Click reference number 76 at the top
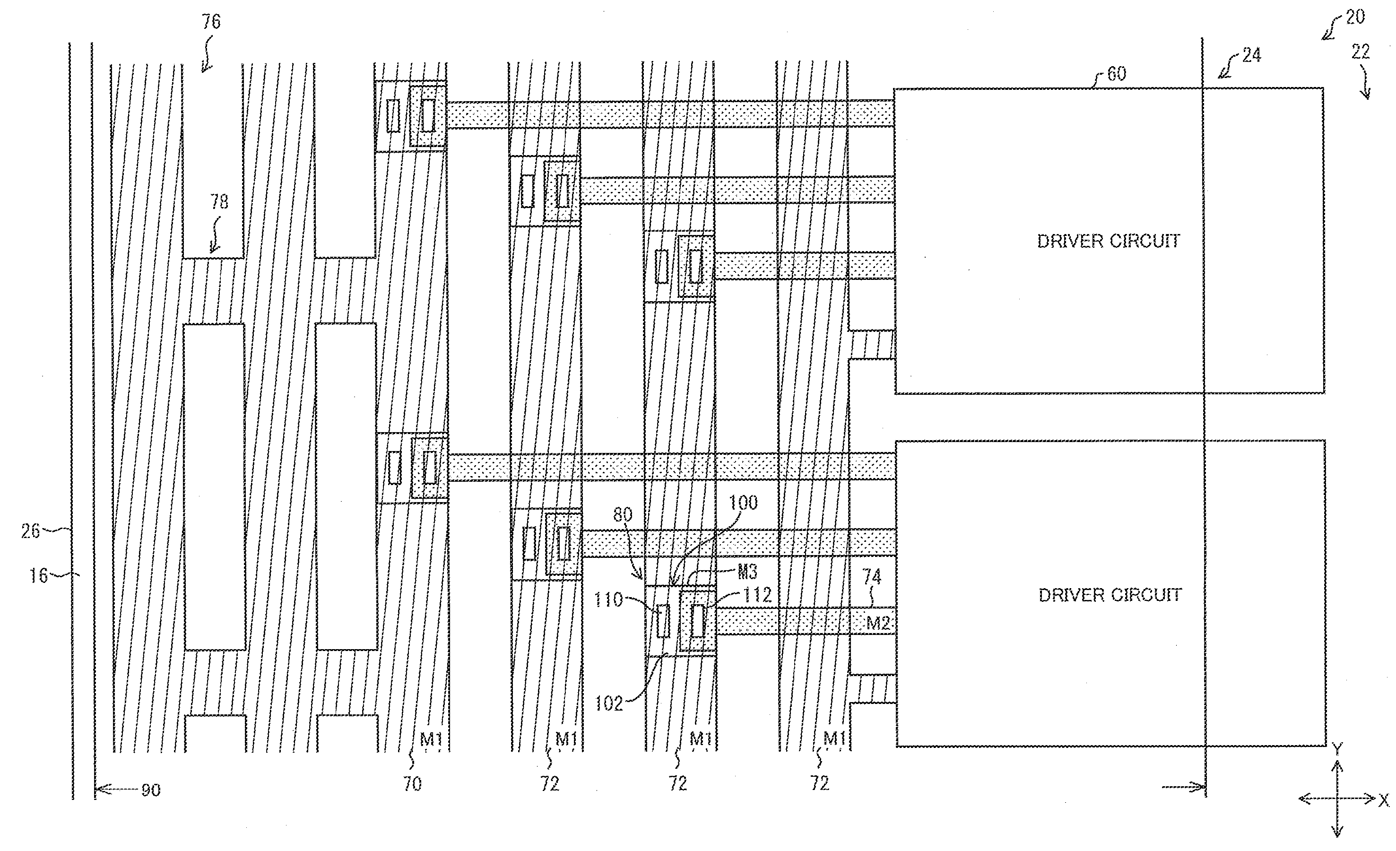click(x=211, y=22)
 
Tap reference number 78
click(x=219, y=202)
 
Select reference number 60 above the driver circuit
click(x=1116, y=74)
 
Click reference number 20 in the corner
click(x=1355, y=17)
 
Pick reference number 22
click(x=1360, y=52)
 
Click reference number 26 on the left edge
click(x=31, y=531)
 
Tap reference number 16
click(x=38, y=576)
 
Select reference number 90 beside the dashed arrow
click(x=151, y=790)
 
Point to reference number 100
click(x=743, y=503)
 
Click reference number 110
click(x=608, y=599)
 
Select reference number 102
click(x=609, y=703)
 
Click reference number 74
click(x=872, y=577)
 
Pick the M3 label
click(x=747, y=572)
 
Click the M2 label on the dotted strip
click(x=879, y=623)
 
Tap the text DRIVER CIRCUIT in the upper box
click(x=1108, y=242)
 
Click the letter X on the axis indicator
click(x=1384, y=800)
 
